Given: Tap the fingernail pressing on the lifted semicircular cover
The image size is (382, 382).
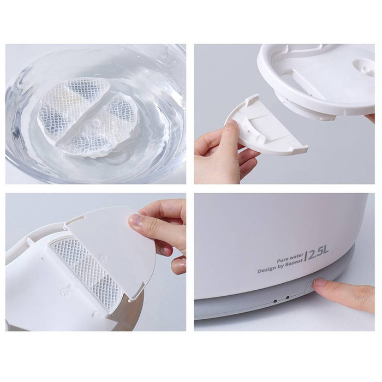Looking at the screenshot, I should [x=134, y=220].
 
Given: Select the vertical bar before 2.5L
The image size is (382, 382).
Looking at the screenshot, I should [x=307, y=254].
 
